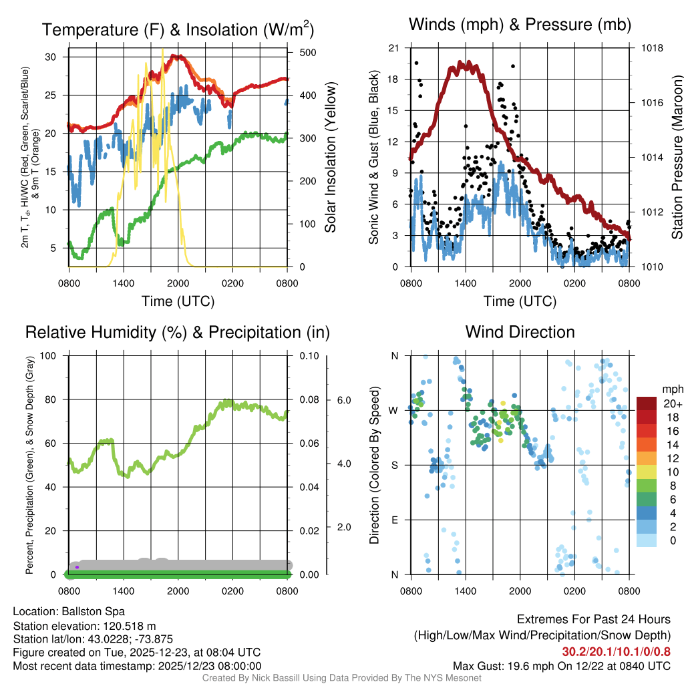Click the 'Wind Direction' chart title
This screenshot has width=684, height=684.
point(520,332)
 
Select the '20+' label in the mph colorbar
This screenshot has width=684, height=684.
point(672,404)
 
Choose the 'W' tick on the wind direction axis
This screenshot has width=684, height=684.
point(394,410)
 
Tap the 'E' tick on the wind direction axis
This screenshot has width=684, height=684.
point(395,520)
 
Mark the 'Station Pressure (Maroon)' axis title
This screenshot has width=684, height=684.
point(677,158)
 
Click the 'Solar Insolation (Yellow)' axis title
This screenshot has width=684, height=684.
point(330,158)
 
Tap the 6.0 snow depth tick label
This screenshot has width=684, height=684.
point(343,400)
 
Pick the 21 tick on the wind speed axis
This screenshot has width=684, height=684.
point(393,48)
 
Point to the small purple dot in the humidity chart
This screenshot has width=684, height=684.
point(77,567)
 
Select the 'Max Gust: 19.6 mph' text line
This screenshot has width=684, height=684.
point(562,665)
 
